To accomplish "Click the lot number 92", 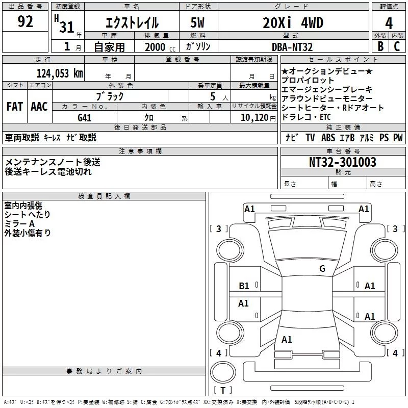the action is coord(25,22).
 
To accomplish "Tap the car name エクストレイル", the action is coord(132,23).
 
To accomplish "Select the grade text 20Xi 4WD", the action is coord(294,23).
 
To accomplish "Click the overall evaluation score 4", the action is coord(389,23).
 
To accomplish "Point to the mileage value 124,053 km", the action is coord(59,73).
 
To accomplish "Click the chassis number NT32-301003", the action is coord(343,162).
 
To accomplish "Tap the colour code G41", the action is coord(85,117).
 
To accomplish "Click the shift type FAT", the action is coord(14,107).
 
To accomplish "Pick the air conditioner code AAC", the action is coord(39,107).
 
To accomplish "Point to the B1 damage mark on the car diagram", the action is coord(244,286).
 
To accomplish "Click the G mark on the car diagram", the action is coord(322,269).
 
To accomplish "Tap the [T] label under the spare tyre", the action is coord(223,391).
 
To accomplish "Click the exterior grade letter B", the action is coord(379,47).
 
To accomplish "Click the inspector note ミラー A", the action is coord(19,224).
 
